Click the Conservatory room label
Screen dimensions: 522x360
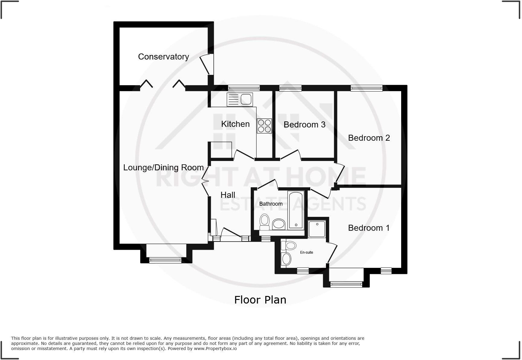(x=163, y=57)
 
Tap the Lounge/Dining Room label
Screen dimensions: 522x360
(x=163, y=168)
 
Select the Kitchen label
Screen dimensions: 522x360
(x=235, y=124)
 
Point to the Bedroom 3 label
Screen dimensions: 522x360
(x=304, y=125)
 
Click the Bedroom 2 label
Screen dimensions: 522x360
(x=369, y=138)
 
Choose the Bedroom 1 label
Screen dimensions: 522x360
(x=369, y=228)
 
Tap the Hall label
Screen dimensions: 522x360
(x=228, y=195)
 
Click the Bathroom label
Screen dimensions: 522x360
(x=271, y=204)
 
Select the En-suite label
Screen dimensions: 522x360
(x=306, y=252)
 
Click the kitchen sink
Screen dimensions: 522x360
(x=240, y=100)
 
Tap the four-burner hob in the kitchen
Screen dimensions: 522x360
(x=264, y=126)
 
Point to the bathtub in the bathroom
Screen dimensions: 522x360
(x=296, y=210)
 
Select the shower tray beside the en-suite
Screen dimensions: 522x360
(x=317, y=229)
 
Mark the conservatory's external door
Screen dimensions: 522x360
(x=208, y=64)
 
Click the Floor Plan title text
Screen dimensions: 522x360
(x=260, y=300)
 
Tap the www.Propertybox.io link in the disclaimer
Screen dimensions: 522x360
(x=215, y=349)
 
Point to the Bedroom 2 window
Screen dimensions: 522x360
(x=366, y=88)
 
